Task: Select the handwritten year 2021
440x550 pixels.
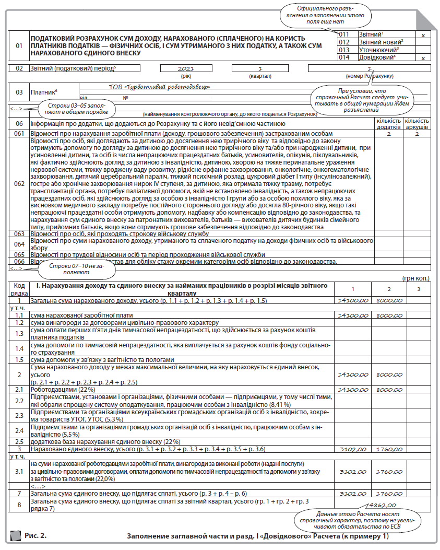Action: click(x=186, y=69)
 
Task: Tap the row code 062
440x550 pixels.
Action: click(x=19, y=184)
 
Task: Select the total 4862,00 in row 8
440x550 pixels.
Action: click(x=380, y=506)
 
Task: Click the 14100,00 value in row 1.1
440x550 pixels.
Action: click(x=353, y=316)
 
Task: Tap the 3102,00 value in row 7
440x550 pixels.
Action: click(x=353, y=493)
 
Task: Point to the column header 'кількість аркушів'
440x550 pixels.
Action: click(x=417, y=124)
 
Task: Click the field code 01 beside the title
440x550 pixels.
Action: click(x=19, y=46)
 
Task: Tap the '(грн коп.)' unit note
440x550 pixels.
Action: click(x=418, y=279)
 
